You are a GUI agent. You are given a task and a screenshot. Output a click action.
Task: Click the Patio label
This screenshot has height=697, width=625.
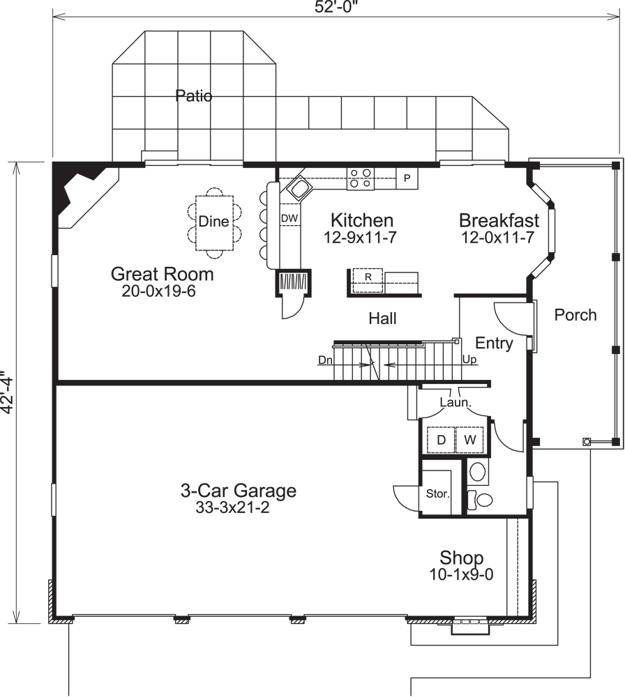[x=193, y=95]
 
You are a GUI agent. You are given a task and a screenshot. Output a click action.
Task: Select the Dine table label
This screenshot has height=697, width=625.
[x=213, y=222]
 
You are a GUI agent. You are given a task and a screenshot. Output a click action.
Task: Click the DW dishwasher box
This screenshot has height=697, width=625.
[x=289, y=218]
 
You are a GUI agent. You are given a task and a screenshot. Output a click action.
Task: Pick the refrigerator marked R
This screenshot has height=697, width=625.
[x=368, y=277]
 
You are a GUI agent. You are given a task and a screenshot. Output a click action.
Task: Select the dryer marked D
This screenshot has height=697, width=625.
[x=441, y=440]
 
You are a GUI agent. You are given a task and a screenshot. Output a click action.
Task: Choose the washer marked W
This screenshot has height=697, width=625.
[x=469, y=440]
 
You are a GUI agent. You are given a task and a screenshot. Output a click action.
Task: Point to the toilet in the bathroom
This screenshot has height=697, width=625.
[x=481, y=498]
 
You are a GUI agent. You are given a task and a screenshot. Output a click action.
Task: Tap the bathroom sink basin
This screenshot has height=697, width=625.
[x=478, y=472]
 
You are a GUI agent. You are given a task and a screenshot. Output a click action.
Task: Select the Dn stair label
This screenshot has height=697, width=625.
[x=325, y=360]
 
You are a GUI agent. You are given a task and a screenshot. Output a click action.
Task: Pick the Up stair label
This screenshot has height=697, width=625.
[x=469, y=360]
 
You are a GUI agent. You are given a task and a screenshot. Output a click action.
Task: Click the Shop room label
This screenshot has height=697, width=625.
[x=461, y=558]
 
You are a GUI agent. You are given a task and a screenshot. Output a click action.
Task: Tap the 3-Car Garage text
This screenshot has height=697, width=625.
[x=238, y=491]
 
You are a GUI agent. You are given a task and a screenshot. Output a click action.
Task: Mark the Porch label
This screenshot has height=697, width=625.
[x=575, y=315]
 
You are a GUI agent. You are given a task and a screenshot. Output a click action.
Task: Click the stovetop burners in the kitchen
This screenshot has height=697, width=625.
[x=361, y=178]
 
